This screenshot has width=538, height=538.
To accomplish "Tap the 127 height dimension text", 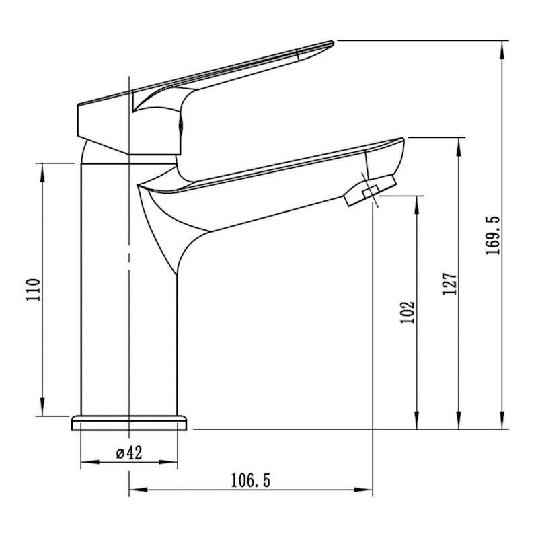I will [x=451, y=284].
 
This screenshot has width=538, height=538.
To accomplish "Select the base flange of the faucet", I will [x=130, y=423].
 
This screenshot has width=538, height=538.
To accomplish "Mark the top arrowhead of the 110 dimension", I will [x=44, y=171].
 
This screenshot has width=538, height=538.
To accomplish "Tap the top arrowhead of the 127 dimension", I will [x=460, y=145].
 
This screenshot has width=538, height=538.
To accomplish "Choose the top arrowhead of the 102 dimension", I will [x=417, y=204].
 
